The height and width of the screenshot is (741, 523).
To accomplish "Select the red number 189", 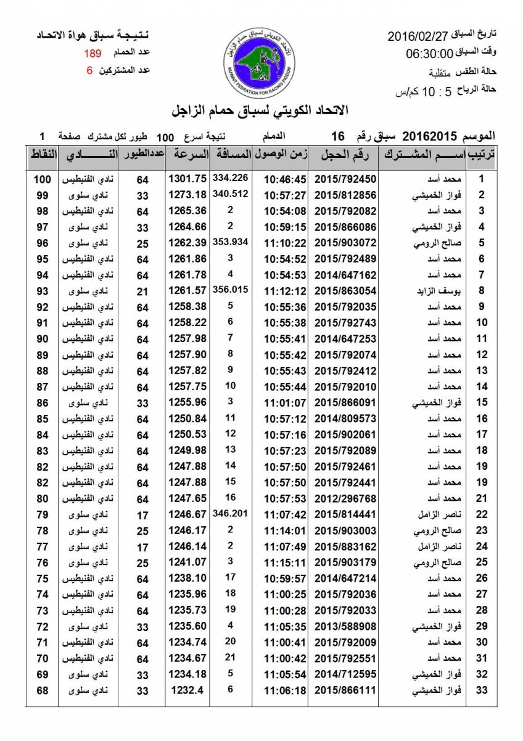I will pyautogui.click(x=94, y=54).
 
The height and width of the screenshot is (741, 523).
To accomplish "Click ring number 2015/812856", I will pyautogui.click(x=345, y=196).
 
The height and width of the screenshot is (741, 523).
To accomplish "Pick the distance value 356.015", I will pyautogui.click(x=229, y=288).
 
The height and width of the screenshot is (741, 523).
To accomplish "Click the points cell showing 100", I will pyautogui.click(x=42, y=180).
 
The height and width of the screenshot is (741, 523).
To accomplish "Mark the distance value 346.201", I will pyautogui.click(x=229, y=512).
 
